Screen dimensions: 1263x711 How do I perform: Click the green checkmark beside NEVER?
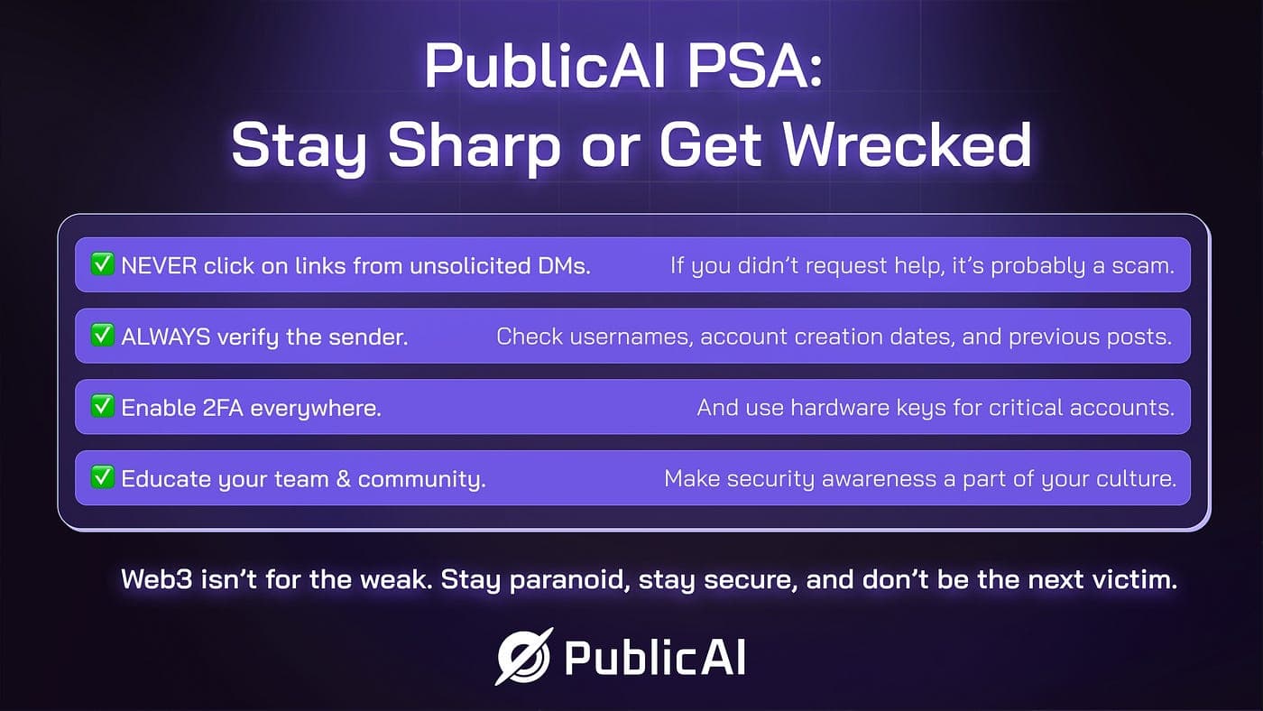(x=103, y=263)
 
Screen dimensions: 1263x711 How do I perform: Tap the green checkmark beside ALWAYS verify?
(x=103, y=335)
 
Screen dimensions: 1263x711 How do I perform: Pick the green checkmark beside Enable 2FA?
(x=103, y=406)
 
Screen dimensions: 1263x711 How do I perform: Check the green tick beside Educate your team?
(x=103, y=477)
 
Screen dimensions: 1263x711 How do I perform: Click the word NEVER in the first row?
(x=159, y=266)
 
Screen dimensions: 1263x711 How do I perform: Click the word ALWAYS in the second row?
(x=166, y=337)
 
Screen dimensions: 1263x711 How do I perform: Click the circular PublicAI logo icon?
(x=524, y=657)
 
